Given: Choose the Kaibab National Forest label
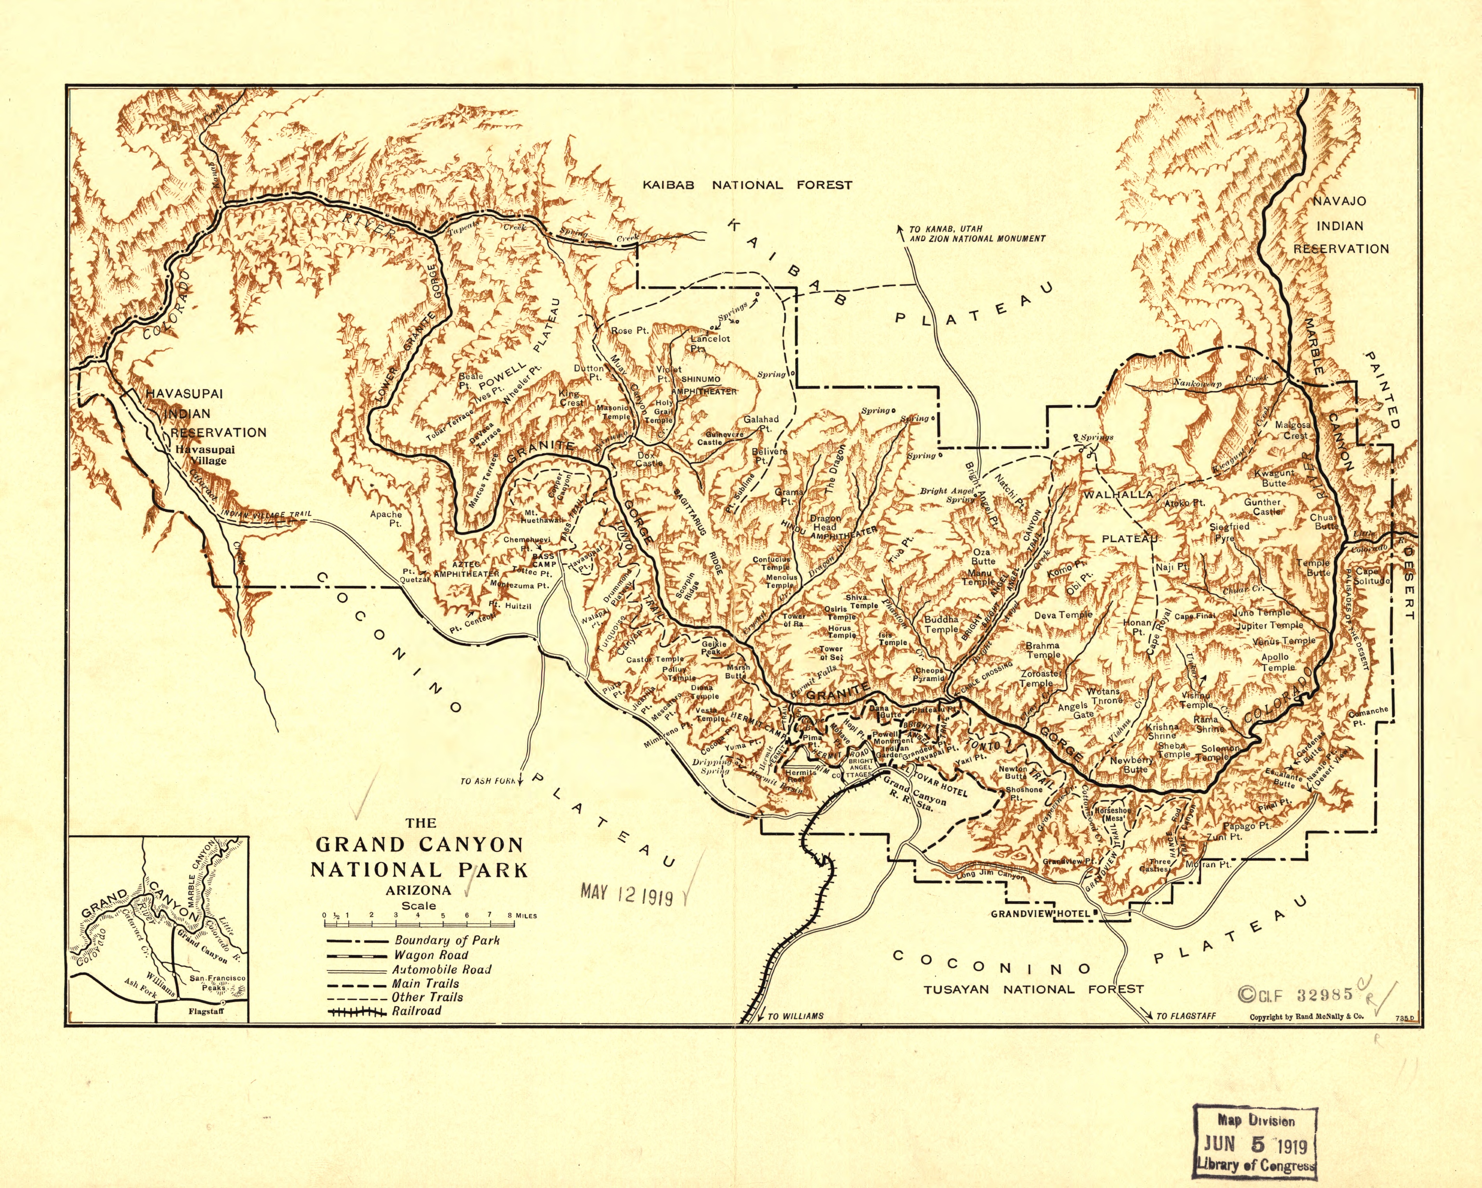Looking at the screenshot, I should tap(747, 185).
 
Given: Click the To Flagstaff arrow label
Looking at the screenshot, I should tap(1186, 1015).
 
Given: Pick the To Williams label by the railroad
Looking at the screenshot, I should tap(795, 1015).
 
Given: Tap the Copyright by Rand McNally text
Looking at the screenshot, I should tap(1306, 1017).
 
